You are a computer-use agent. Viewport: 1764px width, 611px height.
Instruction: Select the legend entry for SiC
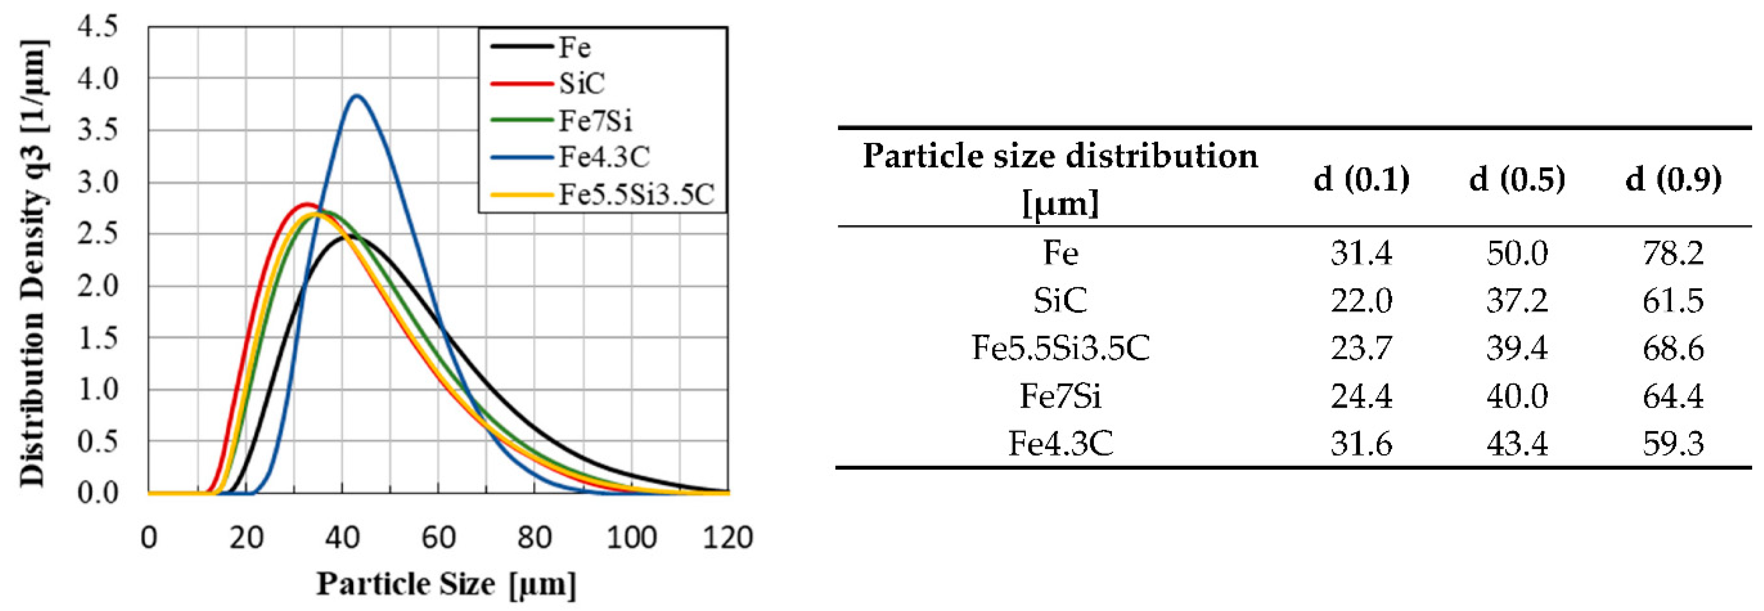(581, 83)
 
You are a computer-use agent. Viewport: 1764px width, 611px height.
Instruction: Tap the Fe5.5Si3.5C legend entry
(636, 195)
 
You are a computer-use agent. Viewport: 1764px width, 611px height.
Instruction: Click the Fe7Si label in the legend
(595, 121)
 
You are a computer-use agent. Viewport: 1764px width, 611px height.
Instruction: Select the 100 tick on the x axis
(631, 538)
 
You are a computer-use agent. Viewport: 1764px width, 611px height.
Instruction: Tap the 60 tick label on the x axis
(438, 538)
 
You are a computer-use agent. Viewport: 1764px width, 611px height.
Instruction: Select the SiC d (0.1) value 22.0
(1361, 301)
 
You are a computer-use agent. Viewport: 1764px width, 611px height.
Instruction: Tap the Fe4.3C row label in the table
(1060, 443)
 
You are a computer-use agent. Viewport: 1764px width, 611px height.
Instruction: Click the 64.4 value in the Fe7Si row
(1673, 396)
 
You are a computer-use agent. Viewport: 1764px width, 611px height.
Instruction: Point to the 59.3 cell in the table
(1673, 443)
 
